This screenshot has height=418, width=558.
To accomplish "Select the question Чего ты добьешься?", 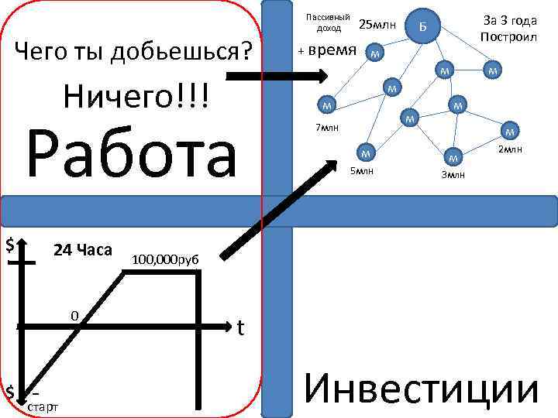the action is tap(135, 52).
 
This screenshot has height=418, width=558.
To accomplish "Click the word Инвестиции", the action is tap(422, 388).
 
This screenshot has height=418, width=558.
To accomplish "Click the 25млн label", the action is tap(377, 26).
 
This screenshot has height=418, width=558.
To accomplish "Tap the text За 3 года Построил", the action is tap(508, 29).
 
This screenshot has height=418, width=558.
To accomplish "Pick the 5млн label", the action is tap(362, 170).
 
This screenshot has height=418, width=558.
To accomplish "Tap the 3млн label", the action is tap(453, 175).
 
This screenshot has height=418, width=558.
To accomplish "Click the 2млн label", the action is tap(510, 149).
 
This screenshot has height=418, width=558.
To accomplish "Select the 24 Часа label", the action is tap(83, 250).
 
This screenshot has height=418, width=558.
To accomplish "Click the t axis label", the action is tap(241, 328).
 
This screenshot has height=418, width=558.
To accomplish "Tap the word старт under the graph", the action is tap(42, 406).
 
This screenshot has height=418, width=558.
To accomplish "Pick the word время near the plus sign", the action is tap(332, 50).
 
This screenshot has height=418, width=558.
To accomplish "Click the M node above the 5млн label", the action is tap(367, 150).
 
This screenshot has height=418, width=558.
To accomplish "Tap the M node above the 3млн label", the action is tap(454, 158).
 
